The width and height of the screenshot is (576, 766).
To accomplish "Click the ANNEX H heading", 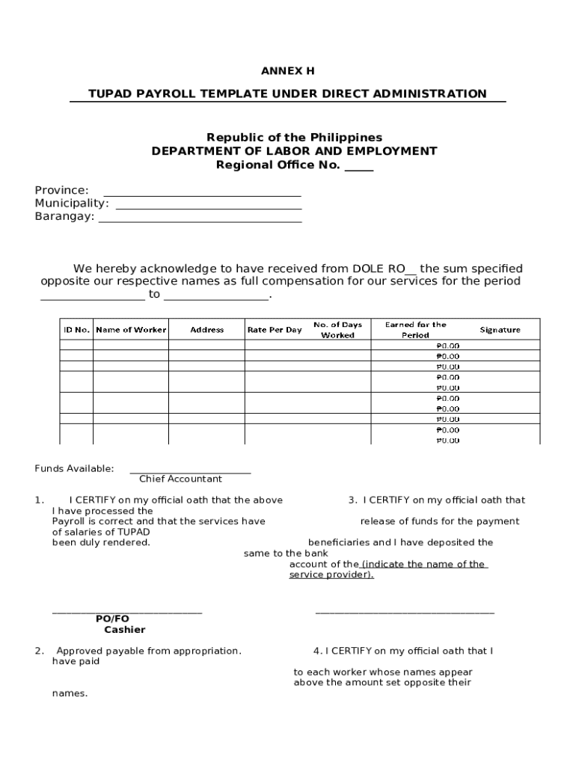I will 287,71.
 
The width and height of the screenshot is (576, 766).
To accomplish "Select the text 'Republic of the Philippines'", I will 294,137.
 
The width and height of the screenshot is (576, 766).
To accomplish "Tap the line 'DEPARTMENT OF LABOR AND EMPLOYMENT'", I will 294,150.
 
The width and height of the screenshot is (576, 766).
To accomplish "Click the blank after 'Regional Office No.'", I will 359,165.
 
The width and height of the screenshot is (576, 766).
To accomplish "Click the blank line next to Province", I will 201,191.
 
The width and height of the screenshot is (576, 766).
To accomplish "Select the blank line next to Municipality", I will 209,203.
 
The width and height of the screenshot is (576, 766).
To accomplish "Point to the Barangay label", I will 64,216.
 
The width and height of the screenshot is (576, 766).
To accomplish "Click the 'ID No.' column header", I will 76,330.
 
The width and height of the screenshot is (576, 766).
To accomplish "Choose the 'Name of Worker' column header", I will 131,330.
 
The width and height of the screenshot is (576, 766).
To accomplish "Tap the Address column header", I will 207,330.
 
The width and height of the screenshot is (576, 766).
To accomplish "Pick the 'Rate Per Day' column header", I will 275,330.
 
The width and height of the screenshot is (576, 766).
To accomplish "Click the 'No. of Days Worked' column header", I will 337,330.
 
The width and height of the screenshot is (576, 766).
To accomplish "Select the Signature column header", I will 500,330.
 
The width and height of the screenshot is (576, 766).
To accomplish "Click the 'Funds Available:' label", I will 74,468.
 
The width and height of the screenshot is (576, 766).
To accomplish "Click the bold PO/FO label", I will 112,619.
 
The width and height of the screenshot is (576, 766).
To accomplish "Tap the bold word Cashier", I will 125,630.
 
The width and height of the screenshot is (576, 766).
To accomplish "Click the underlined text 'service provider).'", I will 331,574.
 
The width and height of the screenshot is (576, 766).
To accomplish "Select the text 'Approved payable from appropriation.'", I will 149,651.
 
